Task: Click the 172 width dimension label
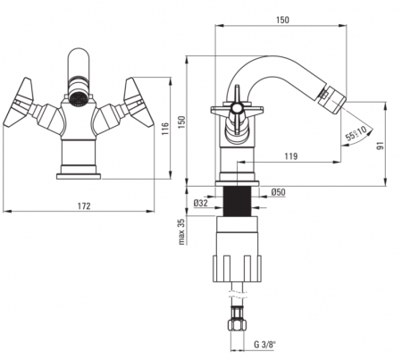point(84,205)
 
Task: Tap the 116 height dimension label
point(165,129)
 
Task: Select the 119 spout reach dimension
point(291,156)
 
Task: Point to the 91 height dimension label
point(381,146)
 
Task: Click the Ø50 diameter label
point(278,192)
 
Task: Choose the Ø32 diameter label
point(200,203)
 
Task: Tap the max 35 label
point(181,231)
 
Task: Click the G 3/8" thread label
point(264,345)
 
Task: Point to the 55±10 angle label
point(356,133)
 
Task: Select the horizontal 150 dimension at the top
point(282,20)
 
